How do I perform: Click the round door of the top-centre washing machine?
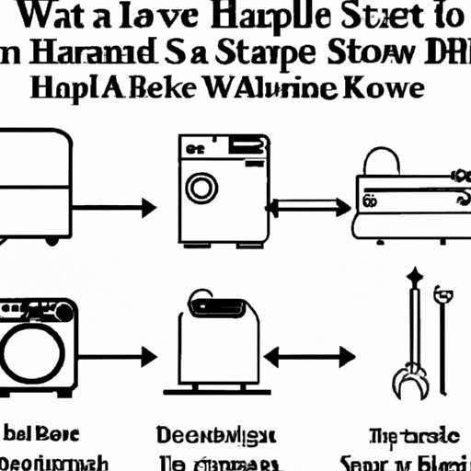(x=200, y=189)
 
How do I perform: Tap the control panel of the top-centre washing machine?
(x=224, y=147)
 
